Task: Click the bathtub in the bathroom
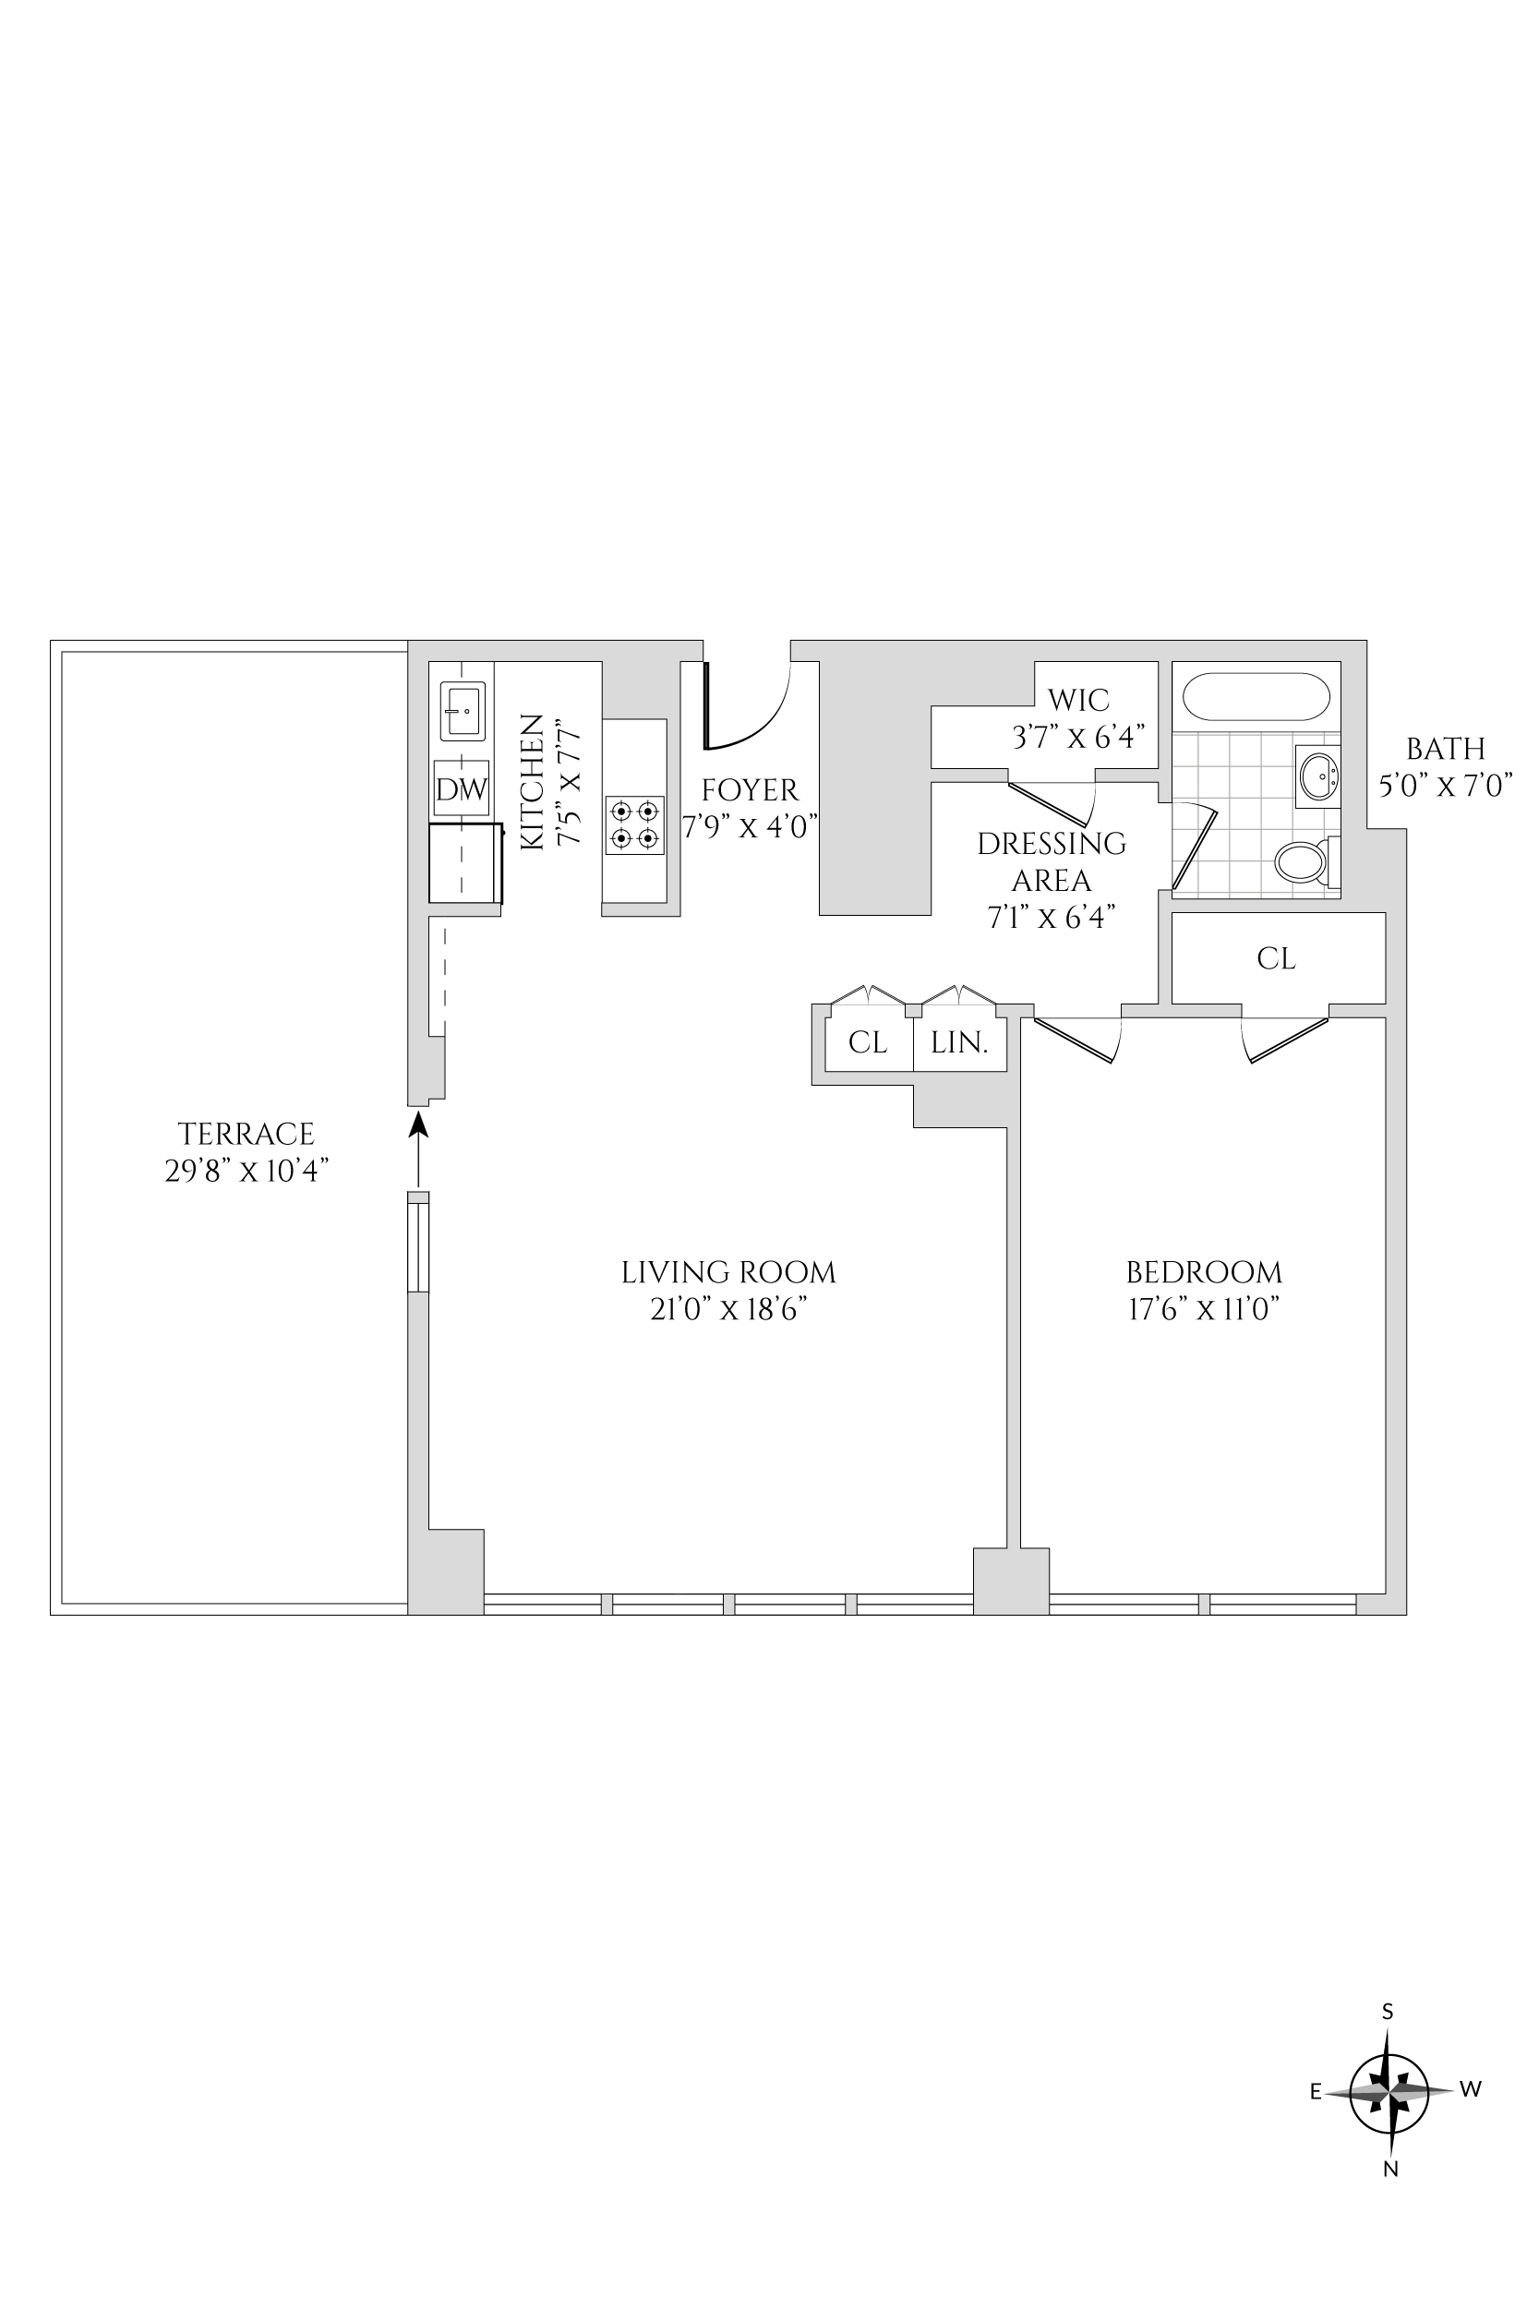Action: click(1256, 697)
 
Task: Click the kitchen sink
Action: click(463, 711)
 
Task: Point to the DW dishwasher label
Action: click(462, 790)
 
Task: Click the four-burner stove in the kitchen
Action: click(634, 824)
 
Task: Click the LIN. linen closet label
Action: click(959, 1042)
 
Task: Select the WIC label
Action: click(1077, 700)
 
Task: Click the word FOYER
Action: click(750, 790)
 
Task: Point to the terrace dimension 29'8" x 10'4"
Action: click(246, 1171)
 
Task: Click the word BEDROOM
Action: click(1204, 1273)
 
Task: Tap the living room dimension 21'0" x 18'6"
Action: click(728, 1309)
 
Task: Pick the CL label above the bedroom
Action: click(1276, 957)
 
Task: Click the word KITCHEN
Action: click(531, 781)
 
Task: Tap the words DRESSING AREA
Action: click(1052, 861)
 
